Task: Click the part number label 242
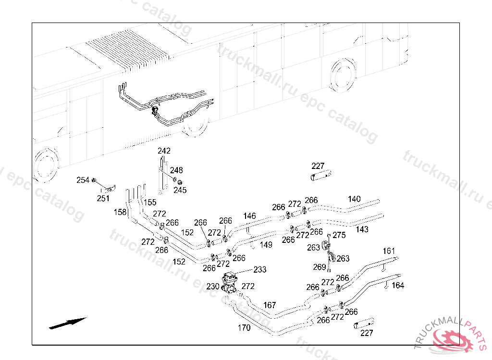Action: pyautogui.click(x=164, y=151)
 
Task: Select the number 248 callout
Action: pyautogui.click(x=176, y=170)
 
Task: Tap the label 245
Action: pyautogui.click(x=180, y=190)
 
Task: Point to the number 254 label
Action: pyautogui.click(x=83, y=180)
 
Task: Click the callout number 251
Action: pyautogui.click(x=103, y=198)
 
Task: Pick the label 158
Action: pyautogui.click(x=120, y=212)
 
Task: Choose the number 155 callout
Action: pyautogui.click(x=150, y=203)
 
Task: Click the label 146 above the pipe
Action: pyautogui.click(x=249, y=216)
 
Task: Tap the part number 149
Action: pyautogui.click(x=266, y=245)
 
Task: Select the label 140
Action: pyautogui.click(x=354, y=199)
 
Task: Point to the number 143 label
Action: pyautogui.click(x=362, y=229)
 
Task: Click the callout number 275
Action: pyautogui.click(x=339, y=235)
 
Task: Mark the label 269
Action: pyautogui.click(x=320, y=267)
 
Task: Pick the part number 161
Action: pyautogui.click(x=389, y=251)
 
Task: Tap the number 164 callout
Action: pyautogui.click(x=398, y=286)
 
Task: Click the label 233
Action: pyautogui.click(x=259, y=270)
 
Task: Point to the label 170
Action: pyautogui.click(x=244, y=328)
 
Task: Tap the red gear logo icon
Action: pyautogui.click(x=453, y=340)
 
